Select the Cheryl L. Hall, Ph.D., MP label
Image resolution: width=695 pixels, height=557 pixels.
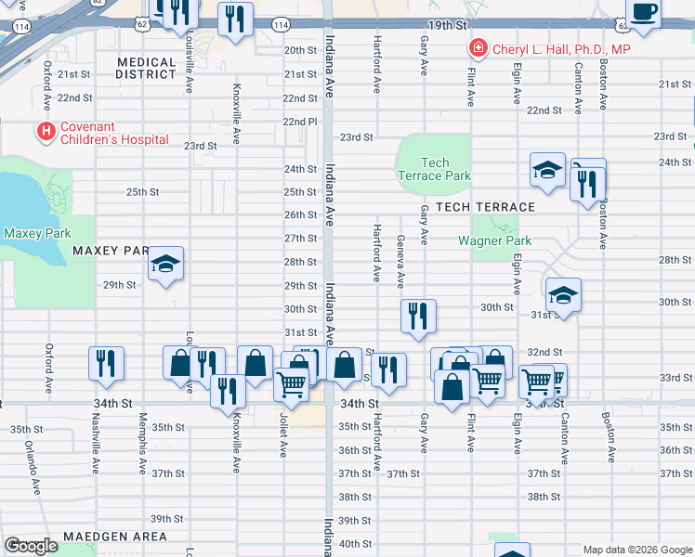click(560, 48)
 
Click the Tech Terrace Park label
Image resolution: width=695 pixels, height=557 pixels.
click(434, 169)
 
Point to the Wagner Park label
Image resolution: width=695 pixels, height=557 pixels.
click(494, 240)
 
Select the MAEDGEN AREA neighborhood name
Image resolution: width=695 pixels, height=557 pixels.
click(115, 537)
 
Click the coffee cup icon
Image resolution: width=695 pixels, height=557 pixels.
click(644, 12)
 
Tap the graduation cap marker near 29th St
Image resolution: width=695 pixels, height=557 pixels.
click(165, 265)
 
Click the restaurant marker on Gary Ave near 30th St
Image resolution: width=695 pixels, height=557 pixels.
click(418, 316)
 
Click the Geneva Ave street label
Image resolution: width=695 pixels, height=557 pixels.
click(400, 262)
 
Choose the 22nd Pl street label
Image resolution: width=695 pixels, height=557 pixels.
click(300, 122)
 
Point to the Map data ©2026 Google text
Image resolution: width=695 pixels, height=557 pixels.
click(637, 550)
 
